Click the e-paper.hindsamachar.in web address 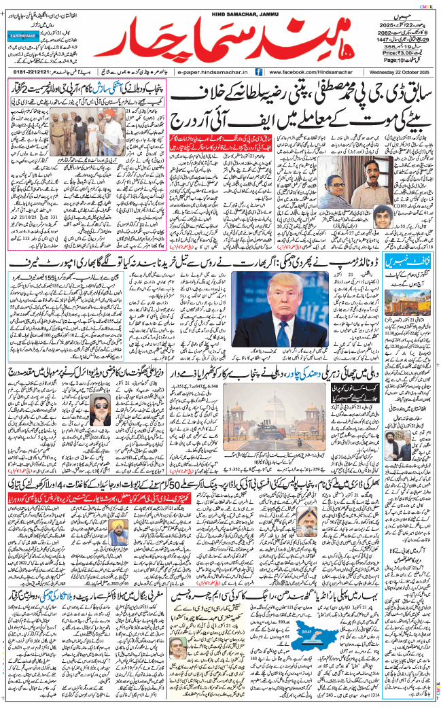pyautogui.click(x=214, y=71)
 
